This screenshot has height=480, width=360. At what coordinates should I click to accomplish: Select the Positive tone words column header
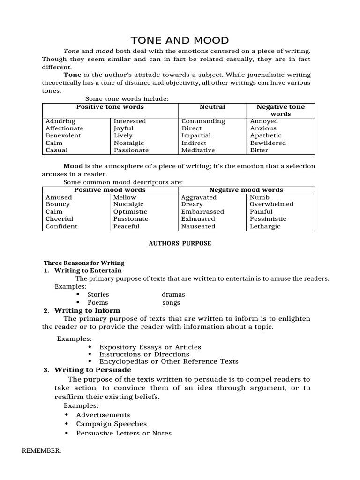pyautogui.click(x=110, y=107)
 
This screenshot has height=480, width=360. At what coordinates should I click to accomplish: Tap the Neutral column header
pyautogui.click(x=212, y=107)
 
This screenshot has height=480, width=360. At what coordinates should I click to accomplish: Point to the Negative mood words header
pyautogui.click(x=246, y=190)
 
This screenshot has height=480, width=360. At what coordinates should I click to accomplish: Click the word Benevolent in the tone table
pyautogui.click(x=63, y=135)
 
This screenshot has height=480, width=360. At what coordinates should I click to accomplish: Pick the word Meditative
pyautogui.click(x=198, y=150)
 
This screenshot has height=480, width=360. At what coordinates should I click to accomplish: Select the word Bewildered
pyautogui.click(x=268, y=143)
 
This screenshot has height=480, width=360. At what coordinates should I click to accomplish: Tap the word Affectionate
pyautogui.click(x=64, y=128)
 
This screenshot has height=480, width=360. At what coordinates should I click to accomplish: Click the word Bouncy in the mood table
pyautogui.click(x=58, y=204)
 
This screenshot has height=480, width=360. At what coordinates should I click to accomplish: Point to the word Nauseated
pyautogui.click(x=198, y=226)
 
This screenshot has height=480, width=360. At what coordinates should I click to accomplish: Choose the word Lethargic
pyautogui.click(x=265, y=226)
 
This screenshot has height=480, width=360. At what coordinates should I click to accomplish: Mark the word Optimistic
pyautogui.click(x=130, y=212)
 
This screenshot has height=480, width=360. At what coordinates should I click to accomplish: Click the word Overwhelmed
pyautogui.click(x=271, y=204)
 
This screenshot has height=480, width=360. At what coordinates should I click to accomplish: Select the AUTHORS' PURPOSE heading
pyautogui.click(x=180, y=244)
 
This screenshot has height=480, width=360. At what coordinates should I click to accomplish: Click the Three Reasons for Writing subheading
pyautogui.click(x=84, y=263)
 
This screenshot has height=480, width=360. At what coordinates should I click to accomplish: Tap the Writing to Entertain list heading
pyautogui.click(x=88, y=270)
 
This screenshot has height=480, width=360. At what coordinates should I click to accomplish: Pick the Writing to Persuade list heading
pyautogui.click(x=93, y=370)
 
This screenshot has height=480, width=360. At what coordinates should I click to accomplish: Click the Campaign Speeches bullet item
pyautogui.click(x=111, y=424)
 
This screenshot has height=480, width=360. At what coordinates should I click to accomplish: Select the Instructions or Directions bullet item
pyautogui.click(x=144, y=354)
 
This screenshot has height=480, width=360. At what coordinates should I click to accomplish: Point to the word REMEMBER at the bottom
pyautogui.click(x=42, y=451)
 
